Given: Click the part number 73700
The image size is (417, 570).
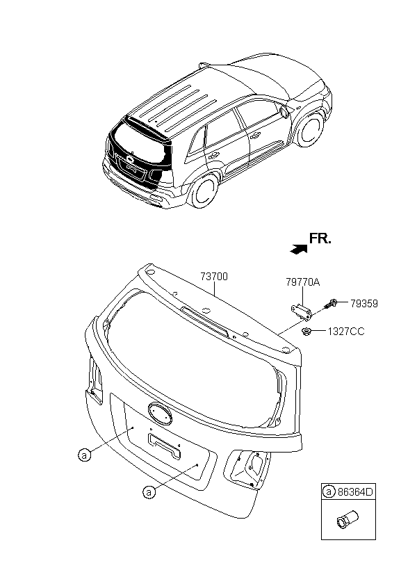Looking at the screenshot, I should [x=214, y=277].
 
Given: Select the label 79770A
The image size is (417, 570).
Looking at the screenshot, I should [x=302, y=282].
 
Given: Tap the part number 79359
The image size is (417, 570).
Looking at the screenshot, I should [x=364, y=303].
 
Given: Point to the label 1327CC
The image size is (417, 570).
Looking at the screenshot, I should [x=346, y=332].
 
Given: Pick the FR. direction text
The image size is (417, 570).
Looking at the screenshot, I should [x=321, y=238].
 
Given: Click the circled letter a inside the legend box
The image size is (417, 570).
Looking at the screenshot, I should [x=329, y=492].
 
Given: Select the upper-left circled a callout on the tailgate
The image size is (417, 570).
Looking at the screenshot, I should [x=84, y=455].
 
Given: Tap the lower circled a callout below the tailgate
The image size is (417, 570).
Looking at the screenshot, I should [x=149, y=492].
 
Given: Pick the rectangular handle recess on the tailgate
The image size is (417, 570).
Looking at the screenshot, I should [x=165, y=446].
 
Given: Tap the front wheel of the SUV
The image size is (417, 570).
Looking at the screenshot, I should [x=310, y=129].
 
